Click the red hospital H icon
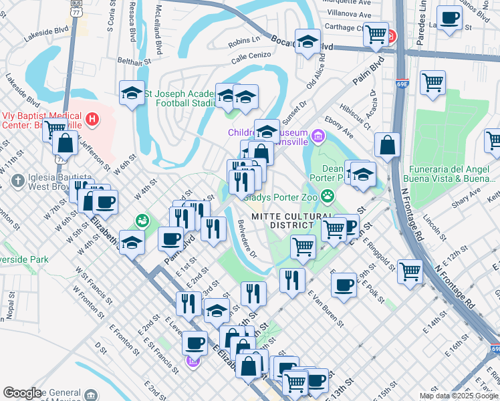tap(93, 120)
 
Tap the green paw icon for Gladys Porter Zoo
tap(328, 196)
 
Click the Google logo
tap(23, 392)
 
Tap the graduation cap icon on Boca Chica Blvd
tap(307, 42)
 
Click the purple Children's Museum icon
tap(318, 137)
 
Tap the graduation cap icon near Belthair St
tap(132, 92)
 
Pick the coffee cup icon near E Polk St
tap(344, 285)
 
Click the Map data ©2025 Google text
tap(459, 396)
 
